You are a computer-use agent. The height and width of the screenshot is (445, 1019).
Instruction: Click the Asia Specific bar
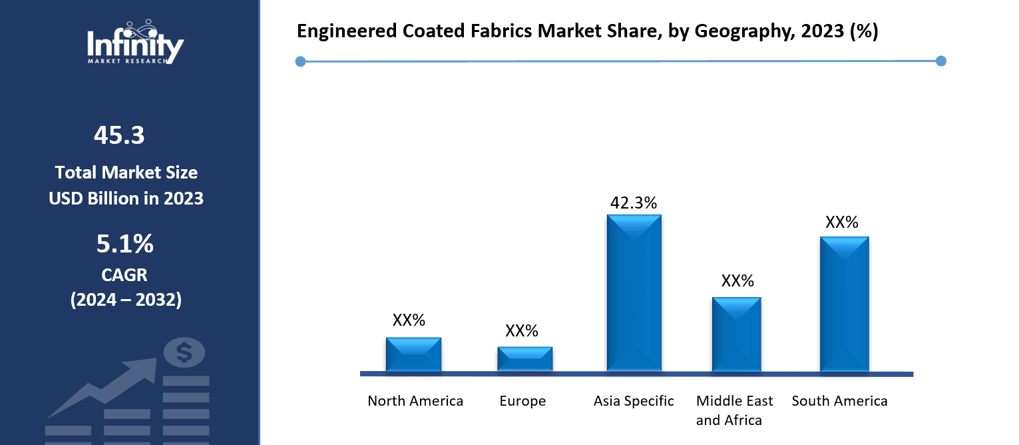[x=634, y=293]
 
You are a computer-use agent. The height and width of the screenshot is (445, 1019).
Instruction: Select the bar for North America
[x=413, y=354]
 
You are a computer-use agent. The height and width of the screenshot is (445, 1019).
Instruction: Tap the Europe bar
[x=524, y=359]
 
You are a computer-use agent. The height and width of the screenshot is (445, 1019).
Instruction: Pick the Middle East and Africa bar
[x=736, y=334]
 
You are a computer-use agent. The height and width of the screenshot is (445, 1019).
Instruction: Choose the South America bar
[x=844, y=304]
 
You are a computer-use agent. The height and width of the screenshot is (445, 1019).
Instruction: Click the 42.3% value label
[x=633, y=203]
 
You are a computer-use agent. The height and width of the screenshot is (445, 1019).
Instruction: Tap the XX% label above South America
[x=841, y=222]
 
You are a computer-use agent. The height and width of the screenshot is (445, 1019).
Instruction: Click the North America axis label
[x=415, y=401]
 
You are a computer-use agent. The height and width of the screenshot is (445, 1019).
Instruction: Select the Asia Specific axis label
[x=634, y=401]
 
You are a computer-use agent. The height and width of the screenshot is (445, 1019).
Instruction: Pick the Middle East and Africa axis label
[x=735, y=410]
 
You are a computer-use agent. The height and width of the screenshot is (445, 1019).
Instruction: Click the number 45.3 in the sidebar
[x=119, y=135]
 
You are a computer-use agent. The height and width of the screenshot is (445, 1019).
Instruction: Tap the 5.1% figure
[x=124, y=244]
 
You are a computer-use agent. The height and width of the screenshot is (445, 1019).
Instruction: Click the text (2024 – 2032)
[x=126, y=300]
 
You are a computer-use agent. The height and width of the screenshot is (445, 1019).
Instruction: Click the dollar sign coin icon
[x=184, y=352]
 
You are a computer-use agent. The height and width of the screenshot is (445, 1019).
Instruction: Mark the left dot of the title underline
[x=300, y=61]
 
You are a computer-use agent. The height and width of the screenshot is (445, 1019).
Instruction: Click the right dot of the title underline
[x=940, y=61]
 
